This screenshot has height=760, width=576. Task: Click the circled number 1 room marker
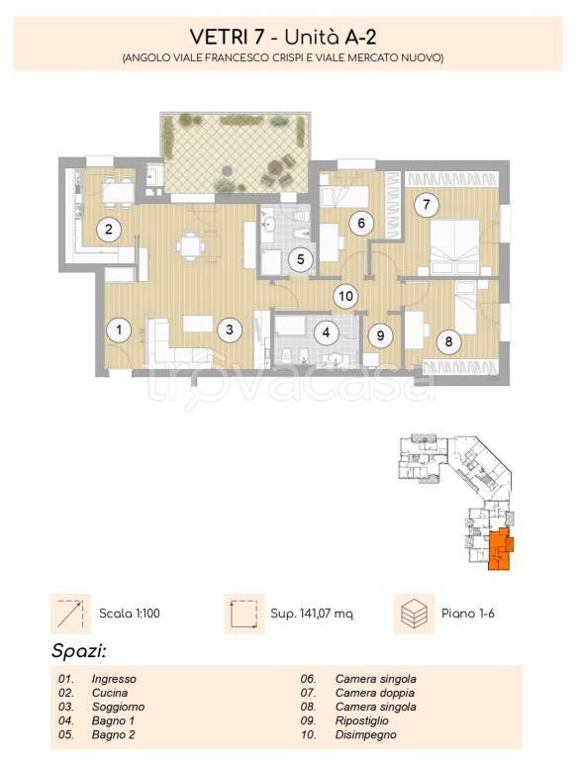pyautogui.click(x=119, y=331)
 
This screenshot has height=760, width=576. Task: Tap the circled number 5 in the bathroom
pyautogui.click(x=301, y=259)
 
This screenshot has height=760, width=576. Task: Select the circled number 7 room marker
pyautogui.click(x=427, y=204)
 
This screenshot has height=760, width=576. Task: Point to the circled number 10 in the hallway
pyautogui.click(x=345, y=296)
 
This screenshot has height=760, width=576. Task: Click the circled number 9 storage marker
pyautogui.click(x=380, y=335)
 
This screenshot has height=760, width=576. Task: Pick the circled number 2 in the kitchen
pyautogui.click(x=109, y=229)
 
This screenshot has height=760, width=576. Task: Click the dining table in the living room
pyautogui.click(x=190, y=246)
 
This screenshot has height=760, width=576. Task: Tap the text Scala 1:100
pyautogui.click(x=130, y=614)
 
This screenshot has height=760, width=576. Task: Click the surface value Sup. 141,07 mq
pyautogui.click(x=312, y=614)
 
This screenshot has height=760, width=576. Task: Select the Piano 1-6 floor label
pyautogui.click(x=468, y=614)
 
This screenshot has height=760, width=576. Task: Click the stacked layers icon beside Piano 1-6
pyautogui.click(x=414, y=614)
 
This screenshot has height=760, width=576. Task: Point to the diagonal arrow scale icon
pyautogui.click(x=71, y=614)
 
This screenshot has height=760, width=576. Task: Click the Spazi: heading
pyautogui.click(x=78, y=651)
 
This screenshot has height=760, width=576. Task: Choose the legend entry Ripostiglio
pyautogui.click(x=361, y=720)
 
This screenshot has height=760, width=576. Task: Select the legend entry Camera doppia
pyautogui.click(x=375, y=693)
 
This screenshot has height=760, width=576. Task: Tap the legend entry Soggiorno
pyautogui.click(x=119, y=708)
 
